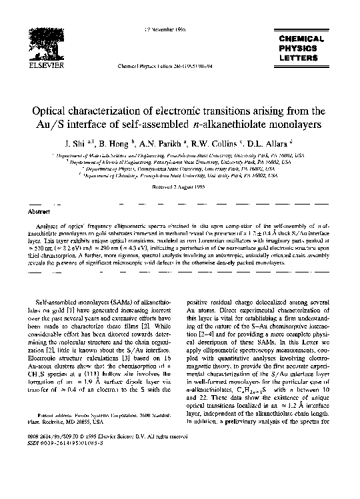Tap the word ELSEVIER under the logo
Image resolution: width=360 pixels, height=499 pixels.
click(52, 67)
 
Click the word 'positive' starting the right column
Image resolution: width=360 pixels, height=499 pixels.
click(200, 302)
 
